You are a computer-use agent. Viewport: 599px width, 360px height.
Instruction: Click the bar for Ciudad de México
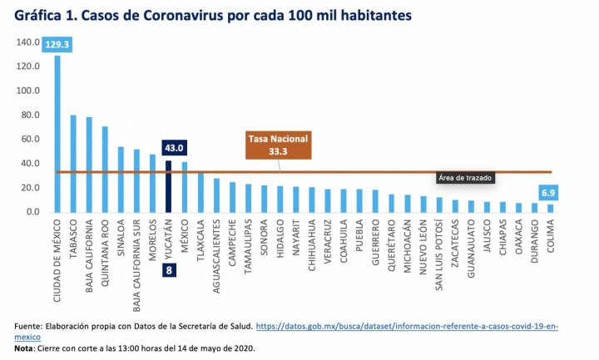pos(57,133)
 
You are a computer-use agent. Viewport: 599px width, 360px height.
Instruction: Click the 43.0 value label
pos(174,148)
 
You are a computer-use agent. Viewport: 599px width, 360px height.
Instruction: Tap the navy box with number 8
pos(168,270)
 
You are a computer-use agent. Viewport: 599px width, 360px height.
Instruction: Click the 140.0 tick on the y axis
pos(28,42)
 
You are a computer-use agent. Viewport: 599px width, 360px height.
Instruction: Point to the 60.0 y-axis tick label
pos(30,140)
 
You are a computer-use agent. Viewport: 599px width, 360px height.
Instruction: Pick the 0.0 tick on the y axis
pos(32,212)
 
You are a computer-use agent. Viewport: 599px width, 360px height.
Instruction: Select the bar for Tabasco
pos(73,164)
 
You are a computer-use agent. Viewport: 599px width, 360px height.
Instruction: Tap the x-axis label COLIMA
pos(550,242)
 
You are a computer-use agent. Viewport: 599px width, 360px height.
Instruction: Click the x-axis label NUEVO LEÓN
pos(423,249)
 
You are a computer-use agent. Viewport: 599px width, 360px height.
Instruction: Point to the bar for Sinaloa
pos(121,180)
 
